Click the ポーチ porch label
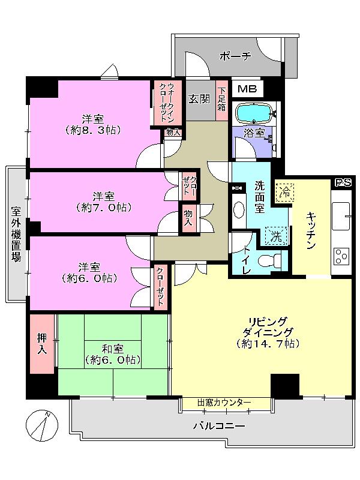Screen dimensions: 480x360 [x=235, y=56]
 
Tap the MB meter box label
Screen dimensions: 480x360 [x=246, y=89]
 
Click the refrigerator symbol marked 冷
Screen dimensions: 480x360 [x=285, y=191]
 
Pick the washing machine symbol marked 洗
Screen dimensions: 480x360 [x=275, y=235]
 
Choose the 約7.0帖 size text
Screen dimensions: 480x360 [x=103, y=208]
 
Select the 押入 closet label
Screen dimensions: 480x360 [x=42, y=343]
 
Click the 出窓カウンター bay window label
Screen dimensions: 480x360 [x=225, y=403]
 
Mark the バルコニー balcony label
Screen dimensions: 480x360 [x=218, y=427]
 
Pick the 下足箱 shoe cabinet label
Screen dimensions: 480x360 [x=221, y=99]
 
